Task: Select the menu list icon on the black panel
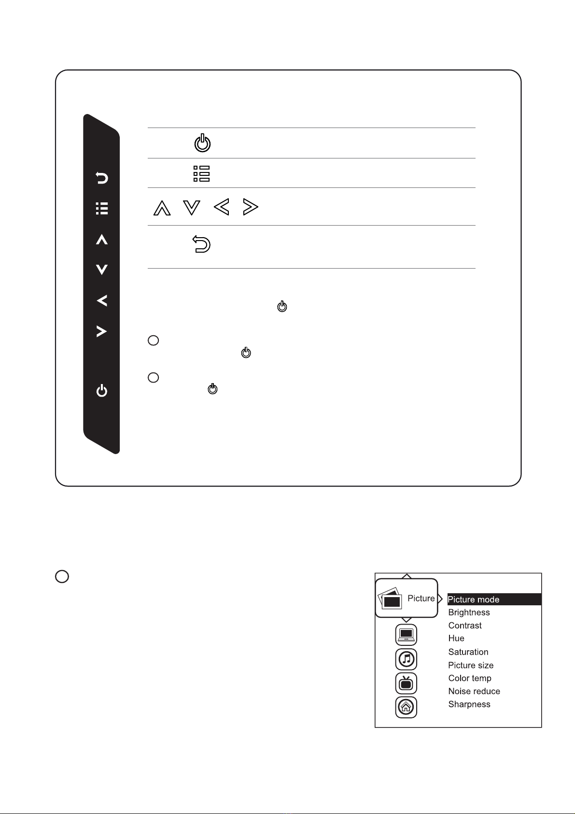coord(102,209)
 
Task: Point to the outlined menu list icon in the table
coord(202,174)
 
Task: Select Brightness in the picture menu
coord(469,613)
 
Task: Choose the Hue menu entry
coord(456,638)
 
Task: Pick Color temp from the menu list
coord(470,678)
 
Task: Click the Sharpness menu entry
coord(469,704)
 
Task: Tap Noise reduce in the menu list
coord(474,691)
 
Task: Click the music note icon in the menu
coord(406,659)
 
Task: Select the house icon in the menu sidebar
coord(406,707)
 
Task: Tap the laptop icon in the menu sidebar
coord(406,635)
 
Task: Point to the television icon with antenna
coord(406,683)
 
